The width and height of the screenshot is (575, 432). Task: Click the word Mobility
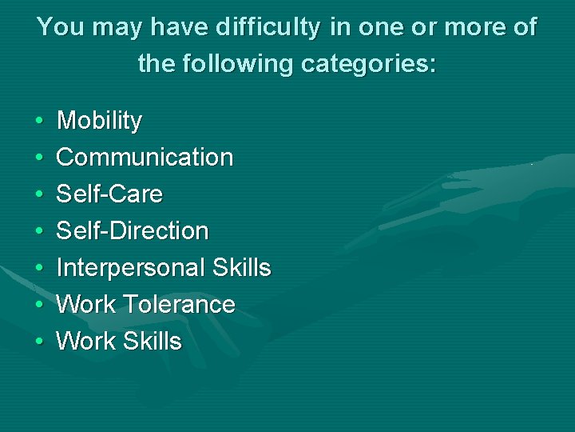click(99, 122)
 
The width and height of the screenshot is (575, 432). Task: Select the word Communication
click(145, 158)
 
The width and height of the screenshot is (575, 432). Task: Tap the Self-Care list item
click(109, 194)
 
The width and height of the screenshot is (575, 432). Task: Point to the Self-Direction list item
click(133, 231)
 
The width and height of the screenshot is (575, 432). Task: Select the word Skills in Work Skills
click(152, 342)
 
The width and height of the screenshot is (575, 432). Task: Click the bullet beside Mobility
click(39, 122)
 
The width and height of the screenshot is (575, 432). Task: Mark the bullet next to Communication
click(39, 158)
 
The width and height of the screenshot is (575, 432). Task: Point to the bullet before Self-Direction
click(39, 232)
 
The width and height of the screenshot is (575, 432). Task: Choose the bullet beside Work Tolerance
click(39, 306)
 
